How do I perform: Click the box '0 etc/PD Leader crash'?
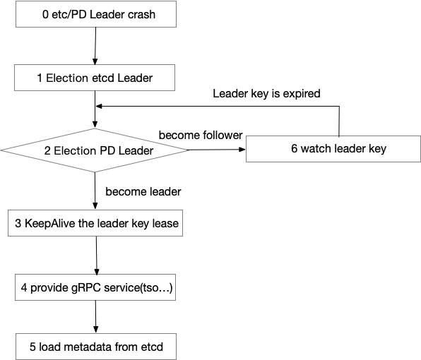click(x=95, y=14)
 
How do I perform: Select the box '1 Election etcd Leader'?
click(x=95, y=78)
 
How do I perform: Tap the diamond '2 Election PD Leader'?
click(x=95, y=150)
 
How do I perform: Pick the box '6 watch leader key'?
click(x=338, y=149)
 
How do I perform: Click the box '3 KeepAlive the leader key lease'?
click(x=97, y=224)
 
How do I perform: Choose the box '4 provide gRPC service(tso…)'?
click(x=97, y=288)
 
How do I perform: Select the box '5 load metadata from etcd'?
click(x=95, y=347)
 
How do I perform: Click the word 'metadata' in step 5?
click(x=83, y=347)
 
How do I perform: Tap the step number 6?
click(x=295, y=149)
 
